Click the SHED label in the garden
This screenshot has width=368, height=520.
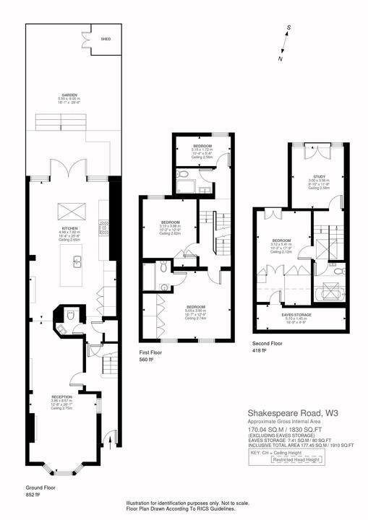pos(106,39)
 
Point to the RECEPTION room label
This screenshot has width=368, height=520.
pos(61,398)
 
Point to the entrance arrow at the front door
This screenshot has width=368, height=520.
pos(108,436)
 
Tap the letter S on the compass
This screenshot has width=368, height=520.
pos(288,29)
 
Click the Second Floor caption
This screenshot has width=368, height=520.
pos(267,344)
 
